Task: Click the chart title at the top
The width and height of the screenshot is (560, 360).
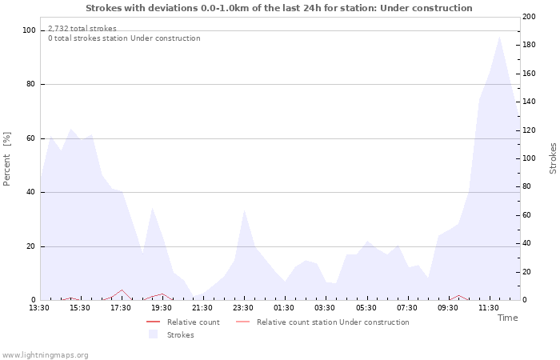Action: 278,8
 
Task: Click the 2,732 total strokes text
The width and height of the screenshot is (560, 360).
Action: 82,29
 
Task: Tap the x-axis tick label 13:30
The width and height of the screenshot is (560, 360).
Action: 39,307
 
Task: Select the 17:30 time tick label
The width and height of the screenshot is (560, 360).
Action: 121,307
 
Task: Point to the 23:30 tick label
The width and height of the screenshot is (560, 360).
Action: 243,307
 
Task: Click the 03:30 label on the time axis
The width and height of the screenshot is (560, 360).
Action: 325,307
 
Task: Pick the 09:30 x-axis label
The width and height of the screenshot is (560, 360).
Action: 448,307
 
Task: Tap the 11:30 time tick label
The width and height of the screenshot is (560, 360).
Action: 489,307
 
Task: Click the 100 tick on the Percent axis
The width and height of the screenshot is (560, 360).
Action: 29,30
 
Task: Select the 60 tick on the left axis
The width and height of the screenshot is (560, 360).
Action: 30,138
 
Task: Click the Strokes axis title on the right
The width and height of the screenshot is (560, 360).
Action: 553,158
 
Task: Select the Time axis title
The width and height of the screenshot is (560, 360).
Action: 507,318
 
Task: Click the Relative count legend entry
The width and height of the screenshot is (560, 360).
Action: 193,322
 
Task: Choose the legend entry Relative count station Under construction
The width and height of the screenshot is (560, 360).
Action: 333,322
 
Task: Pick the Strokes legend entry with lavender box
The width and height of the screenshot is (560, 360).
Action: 180,335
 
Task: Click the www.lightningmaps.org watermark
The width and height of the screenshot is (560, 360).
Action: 45,355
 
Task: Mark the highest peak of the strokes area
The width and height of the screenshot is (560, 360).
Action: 499,36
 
